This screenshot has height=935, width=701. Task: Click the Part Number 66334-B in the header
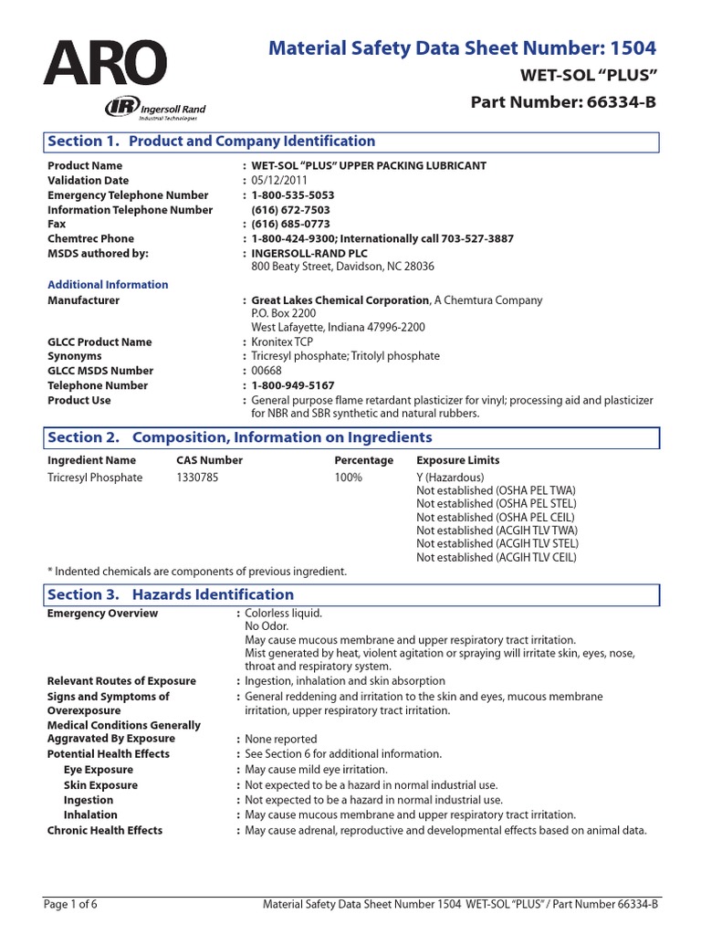pos(563,101)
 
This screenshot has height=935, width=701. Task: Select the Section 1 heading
pos(211,142)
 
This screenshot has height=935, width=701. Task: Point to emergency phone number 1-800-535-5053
pos(293,194)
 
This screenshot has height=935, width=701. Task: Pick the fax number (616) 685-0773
pos(290,224)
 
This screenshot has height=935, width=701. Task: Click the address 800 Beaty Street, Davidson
pos(342,267)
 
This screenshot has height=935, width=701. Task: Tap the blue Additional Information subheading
pos(108,285)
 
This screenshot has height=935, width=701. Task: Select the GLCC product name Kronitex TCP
pos(283,341)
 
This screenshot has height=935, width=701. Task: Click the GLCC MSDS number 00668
pos(267,371)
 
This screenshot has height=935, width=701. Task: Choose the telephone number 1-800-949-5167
pos(293,385)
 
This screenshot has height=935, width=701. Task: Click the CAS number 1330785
pos(198,478)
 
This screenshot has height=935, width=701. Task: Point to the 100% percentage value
pos(348,478)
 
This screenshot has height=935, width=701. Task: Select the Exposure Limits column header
pos(457,460)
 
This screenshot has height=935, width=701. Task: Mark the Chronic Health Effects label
pos(105,830)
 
